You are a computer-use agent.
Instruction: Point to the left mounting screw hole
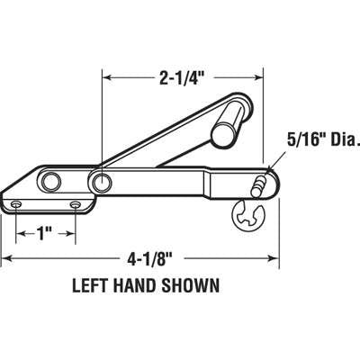click(15, 202)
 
